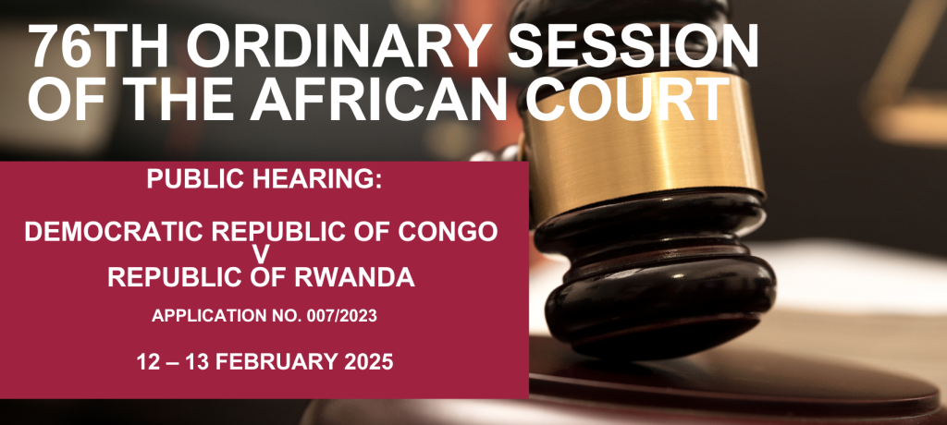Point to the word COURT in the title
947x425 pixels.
pos(628,100)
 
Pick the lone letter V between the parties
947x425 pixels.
pos(260,255)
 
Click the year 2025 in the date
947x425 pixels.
pos(370,362)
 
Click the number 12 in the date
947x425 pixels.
pos(148,362)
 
